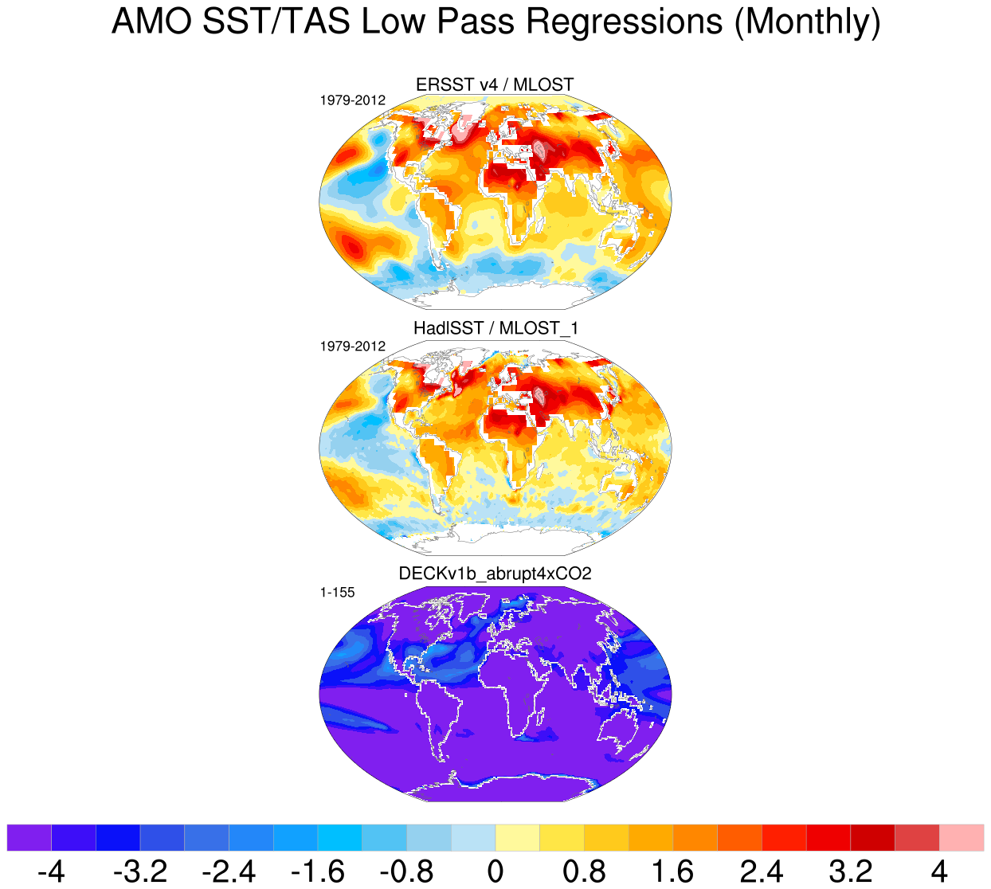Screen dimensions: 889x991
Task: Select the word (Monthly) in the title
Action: [x=807, y=22]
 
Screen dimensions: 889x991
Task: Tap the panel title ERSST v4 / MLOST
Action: [x=495, y=84]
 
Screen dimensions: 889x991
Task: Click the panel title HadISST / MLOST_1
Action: [x=495, y=328]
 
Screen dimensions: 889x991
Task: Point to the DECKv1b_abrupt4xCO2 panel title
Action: [x=495, y=574]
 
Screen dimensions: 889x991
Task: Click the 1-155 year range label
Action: [x=337, y=593]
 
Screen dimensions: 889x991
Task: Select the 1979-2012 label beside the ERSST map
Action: [x=352, y=100]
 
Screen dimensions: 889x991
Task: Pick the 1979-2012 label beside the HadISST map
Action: [x=352, y=347]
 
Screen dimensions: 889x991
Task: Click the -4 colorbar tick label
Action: [x=51, y=871]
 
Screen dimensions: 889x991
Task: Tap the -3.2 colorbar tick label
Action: [x=140, y=871]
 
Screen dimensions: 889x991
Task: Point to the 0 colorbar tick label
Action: [x=495, y=871]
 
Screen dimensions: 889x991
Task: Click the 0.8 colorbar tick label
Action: [x=584, y=871]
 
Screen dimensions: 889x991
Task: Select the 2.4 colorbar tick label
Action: [x=762, y=871]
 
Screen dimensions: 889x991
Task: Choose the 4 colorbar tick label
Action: [x=939, y=871]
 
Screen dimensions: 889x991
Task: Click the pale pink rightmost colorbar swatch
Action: [x=962, y=837]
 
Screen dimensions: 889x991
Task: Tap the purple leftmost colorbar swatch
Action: [x=29, y=837]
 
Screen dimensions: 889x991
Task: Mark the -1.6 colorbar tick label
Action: [x=318, y=871]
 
